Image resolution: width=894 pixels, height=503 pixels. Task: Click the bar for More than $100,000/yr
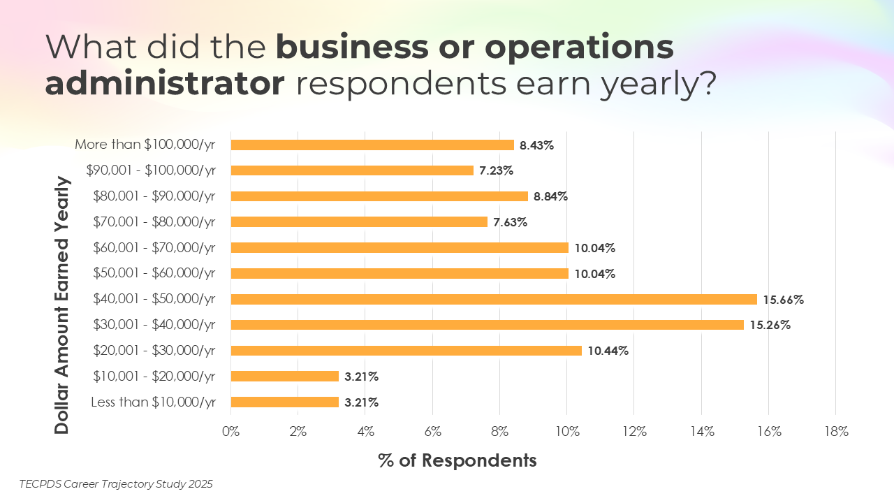point(372,145)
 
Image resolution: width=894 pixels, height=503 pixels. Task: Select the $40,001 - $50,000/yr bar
point(494,299)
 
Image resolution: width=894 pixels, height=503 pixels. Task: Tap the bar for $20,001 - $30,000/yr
point(406,351)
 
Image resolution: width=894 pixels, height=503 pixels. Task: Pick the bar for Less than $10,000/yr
point(284,402)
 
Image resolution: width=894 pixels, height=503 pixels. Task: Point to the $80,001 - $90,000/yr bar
point(379,196)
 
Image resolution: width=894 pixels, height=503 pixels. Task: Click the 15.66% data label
point(783,300)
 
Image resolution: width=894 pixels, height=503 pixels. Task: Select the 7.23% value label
point(497,171)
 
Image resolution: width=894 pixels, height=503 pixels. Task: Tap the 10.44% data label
point(608,351)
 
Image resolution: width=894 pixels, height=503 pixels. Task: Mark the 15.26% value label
point(770,326)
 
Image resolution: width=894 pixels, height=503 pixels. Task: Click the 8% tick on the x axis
point(499,432)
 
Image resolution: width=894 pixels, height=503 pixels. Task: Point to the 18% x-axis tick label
point(835,432)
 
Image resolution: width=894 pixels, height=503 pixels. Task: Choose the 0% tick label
point(230,432)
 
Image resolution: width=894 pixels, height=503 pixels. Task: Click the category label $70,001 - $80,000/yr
point(154,222)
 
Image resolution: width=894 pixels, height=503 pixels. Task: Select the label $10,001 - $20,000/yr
point(154,377)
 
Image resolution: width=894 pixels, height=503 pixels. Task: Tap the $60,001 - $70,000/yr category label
point(154,248)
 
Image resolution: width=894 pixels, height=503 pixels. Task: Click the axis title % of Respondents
point(457,460)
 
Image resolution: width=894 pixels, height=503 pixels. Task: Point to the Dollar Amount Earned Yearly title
point(63,305)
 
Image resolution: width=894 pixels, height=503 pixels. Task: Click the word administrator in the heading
point(165,84)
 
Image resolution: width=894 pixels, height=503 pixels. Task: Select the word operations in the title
point(579,48)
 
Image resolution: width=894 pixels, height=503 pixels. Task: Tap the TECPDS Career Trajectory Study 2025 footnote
point(116,483)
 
